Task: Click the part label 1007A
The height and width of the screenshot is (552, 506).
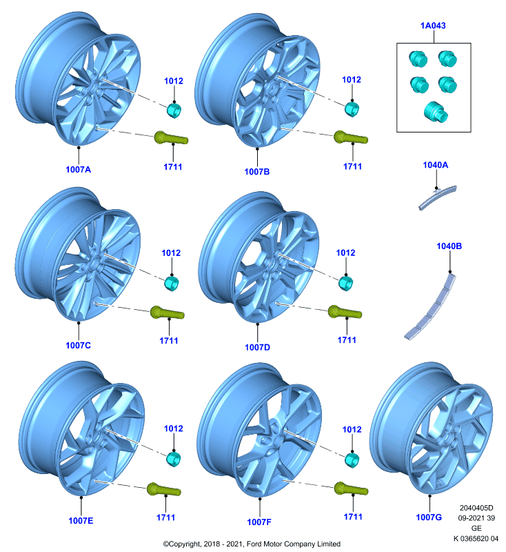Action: click(x=78, y=169)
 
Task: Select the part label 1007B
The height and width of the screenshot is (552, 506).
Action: click(x=257, y=171)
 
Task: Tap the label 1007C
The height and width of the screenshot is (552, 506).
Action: click(x=78, y=346)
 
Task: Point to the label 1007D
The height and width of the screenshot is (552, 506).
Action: click(x=257, y=348)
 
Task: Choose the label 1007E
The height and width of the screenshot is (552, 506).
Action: click(x=81, y=521)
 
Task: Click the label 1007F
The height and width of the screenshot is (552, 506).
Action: click(x=259, y=522)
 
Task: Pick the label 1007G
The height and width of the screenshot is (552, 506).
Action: click(x=429, y=517)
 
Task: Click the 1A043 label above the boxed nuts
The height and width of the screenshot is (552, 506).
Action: click(x=433, y=26)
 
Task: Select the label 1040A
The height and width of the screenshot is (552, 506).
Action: click(x=435, y=165)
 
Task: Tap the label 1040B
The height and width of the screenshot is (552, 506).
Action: click(x=449, y=246)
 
